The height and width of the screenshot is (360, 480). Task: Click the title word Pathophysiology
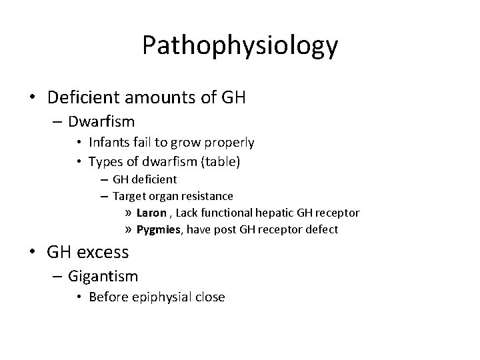click(240, 45)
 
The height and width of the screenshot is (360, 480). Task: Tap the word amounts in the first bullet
click(162, 99)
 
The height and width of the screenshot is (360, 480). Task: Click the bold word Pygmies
click(158, 230)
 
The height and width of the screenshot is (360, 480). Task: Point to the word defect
click(323, 230)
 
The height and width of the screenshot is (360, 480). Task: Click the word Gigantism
click(103, 275)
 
